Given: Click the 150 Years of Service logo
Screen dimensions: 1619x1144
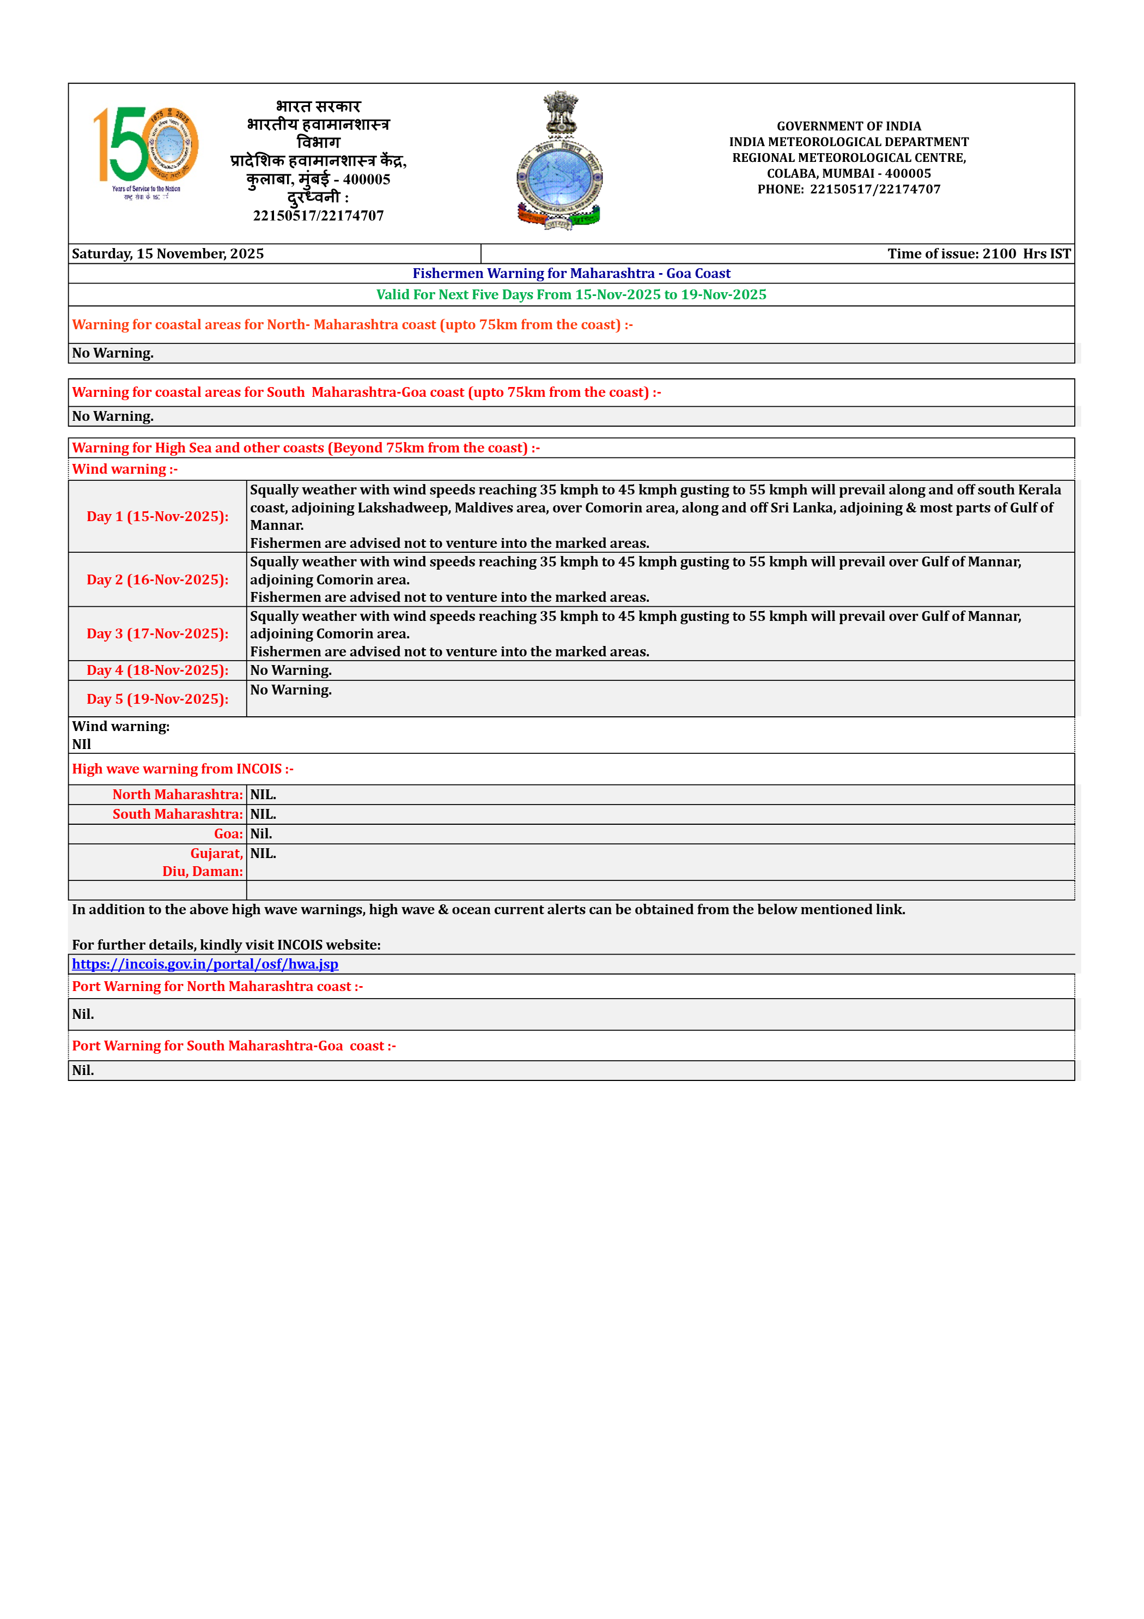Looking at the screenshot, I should click(x=146, y=152).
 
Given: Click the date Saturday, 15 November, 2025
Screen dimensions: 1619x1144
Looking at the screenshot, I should click(x=168, y=254).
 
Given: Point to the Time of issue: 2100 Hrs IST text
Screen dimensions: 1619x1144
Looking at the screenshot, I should click(x=978, y=254).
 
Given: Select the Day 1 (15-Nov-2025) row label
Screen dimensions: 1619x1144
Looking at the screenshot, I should click(x=157, y=517).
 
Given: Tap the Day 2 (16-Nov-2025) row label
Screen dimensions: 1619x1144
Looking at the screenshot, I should click(x=157, y=579).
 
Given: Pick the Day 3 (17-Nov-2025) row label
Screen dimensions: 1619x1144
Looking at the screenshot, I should click(x=157, y=634).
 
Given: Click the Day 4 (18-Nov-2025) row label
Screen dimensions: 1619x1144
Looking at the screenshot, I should click(x=157, y=670).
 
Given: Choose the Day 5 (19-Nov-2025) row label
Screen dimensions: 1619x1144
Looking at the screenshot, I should click(x=157, y=699).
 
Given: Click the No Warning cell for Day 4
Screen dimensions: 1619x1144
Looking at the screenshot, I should click(x=291, y=670).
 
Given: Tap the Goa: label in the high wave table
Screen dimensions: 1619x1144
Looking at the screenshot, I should click(x=228, y=834).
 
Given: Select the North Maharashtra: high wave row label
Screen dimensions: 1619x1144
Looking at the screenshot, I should click(x=178, y=795).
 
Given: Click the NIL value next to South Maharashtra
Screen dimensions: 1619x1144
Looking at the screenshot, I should click(x=263, y=814).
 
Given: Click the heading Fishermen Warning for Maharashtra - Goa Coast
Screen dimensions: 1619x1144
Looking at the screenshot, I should click(x=571, y=274).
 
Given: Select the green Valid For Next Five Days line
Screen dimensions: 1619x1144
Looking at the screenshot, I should click(x=571, y=295).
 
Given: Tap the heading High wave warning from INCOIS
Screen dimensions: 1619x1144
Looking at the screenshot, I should click(x=182, y=769).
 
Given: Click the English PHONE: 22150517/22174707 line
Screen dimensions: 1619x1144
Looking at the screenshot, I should click(x=849, y=189).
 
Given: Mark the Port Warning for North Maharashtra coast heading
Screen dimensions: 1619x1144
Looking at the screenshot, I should click(x=217, y=987).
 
